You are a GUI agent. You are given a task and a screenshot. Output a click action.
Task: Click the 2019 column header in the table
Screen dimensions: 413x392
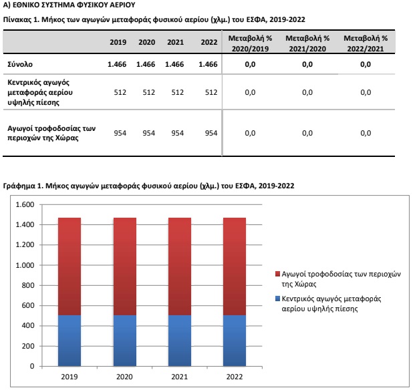point(118,42)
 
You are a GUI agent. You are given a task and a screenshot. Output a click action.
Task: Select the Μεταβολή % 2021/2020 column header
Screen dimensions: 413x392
point(307,43)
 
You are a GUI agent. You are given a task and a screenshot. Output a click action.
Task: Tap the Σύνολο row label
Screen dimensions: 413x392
point(20,64)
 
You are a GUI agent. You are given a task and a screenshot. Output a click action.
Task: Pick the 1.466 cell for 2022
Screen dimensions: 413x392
point(208,64)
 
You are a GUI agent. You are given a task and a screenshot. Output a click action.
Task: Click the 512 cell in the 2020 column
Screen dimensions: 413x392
point(149,92)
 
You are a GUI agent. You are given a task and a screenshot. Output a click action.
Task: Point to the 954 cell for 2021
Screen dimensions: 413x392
point(178,133)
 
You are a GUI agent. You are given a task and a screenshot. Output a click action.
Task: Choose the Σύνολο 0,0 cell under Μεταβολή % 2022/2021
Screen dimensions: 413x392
point(366,64)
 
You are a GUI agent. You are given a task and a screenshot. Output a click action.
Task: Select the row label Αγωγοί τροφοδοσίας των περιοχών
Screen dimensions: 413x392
point(51,133)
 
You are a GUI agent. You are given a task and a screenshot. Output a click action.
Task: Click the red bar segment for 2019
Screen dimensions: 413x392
point(70,266)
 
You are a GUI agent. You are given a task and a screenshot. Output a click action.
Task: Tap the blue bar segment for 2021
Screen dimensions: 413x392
point(180,341)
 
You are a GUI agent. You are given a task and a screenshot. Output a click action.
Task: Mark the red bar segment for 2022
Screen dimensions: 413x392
point(235,266)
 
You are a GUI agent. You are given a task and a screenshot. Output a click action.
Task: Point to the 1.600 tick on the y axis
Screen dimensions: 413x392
point(25,204)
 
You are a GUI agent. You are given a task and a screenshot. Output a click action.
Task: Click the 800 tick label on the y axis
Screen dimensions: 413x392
point(28,285)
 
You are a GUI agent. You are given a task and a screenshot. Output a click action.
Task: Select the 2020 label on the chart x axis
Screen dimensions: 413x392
point(124,377)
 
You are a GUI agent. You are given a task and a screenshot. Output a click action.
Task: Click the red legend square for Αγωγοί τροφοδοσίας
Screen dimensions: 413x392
point(277,274)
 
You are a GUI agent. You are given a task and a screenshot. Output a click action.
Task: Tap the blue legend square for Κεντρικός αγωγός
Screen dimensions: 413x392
point(277,299)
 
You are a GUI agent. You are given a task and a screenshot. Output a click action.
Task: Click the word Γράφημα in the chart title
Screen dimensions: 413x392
point(19,186)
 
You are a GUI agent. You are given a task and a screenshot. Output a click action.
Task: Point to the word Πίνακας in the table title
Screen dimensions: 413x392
point(17,19)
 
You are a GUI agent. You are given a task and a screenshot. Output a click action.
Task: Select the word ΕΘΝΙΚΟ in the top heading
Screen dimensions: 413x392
point(25,5)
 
